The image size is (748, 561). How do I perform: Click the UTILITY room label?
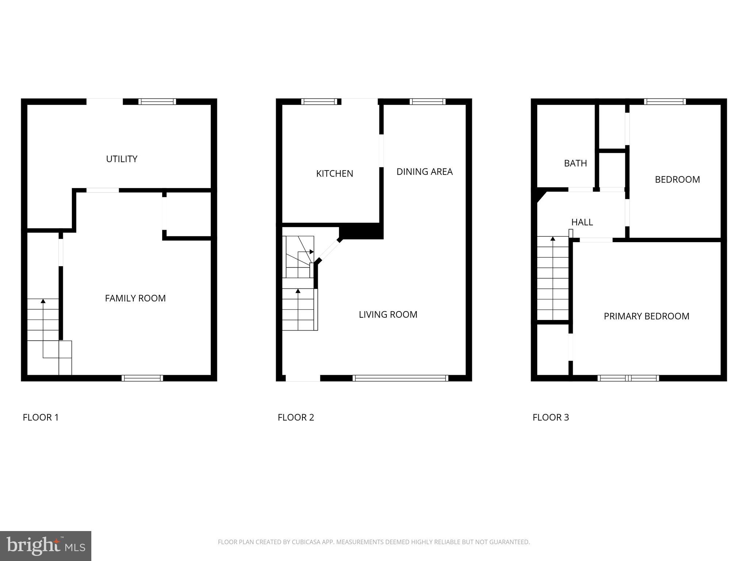tap(122, 159)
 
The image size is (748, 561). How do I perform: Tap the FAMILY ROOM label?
tap(135, 298)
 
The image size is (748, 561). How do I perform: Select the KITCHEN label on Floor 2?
tap(335, 173)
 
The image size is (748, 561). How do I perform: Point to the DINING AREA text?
tap(424, 172)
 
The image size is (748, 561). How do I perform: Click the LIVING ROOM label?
tap(388, 314)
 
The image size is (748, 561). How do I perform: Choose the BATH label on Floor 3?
tap(575, 163)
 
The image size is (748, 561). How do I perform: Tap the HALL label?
tap(582, 222)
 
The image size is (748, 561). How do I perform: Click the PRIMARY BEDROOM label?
tap(646, 316)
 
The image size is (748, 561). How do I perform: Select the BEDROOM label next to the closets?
tap(677, 179)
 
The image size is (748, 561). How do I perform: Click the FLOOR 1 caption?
tap(41, 417)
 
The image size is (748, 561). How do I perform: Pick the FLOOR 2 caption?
tap(296, 417)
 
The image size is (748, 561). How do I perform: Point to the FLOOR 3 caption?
tap(551, 417)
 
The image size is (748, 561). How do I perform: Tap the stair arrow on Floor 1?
tap(43, 301)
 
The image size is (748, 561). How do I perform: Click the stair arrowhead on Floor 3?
tap(553, 238)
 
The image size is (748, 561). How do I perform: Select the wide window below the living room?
tap(400, 378)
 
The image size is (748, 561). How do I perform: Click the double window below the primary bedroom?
tap(628, 378)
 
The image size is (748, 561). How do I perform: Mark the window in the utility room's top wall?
tap(157, 102)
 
